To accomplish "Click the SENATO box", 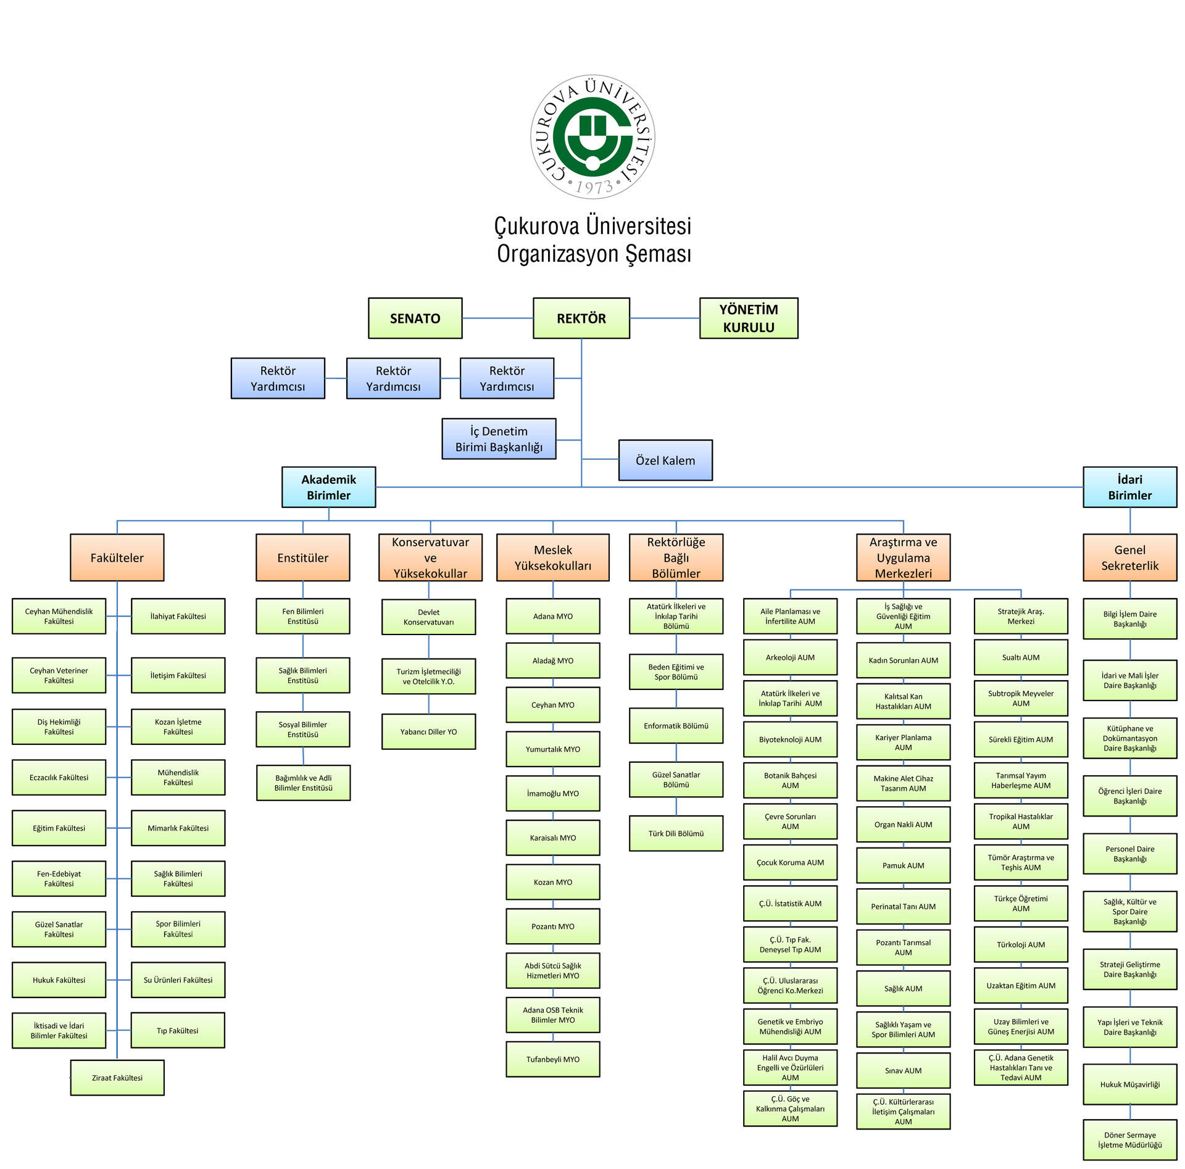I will point(415,318).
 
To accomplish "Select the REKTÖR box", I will point(581,318).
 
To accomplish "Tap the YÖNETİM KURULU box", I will point(748,318).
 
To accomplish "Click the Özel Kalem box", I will point(665,460).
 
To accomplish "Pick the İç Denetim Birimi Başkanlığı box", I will point(499,439).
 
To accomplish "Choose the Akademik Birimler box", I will point(328,487).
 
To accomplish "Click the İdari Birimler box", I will point(1129,487).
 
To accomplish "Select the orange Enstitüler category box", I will point(302,558).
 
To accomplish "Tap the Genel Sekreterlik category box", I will point(1129,558).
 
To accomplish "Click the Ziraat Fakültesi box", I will point(117,1078).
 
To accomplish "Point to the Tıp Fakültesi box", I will point(178,1030).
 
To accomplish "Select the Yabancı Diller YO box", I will point(428,731).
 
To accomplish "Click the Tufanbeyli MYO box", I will point(552,1059).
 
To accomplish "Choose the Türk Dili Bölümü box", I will point(676,833).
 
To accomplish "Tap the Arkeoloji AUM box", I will point(790,657).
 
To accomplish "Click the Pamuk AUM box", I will point(903,865).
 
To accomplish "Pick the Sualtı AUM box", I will point(1020,657).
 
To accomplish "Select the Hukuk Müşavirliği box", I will point(1129,1084).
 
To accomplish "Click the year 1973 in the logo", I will point(594,186).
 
